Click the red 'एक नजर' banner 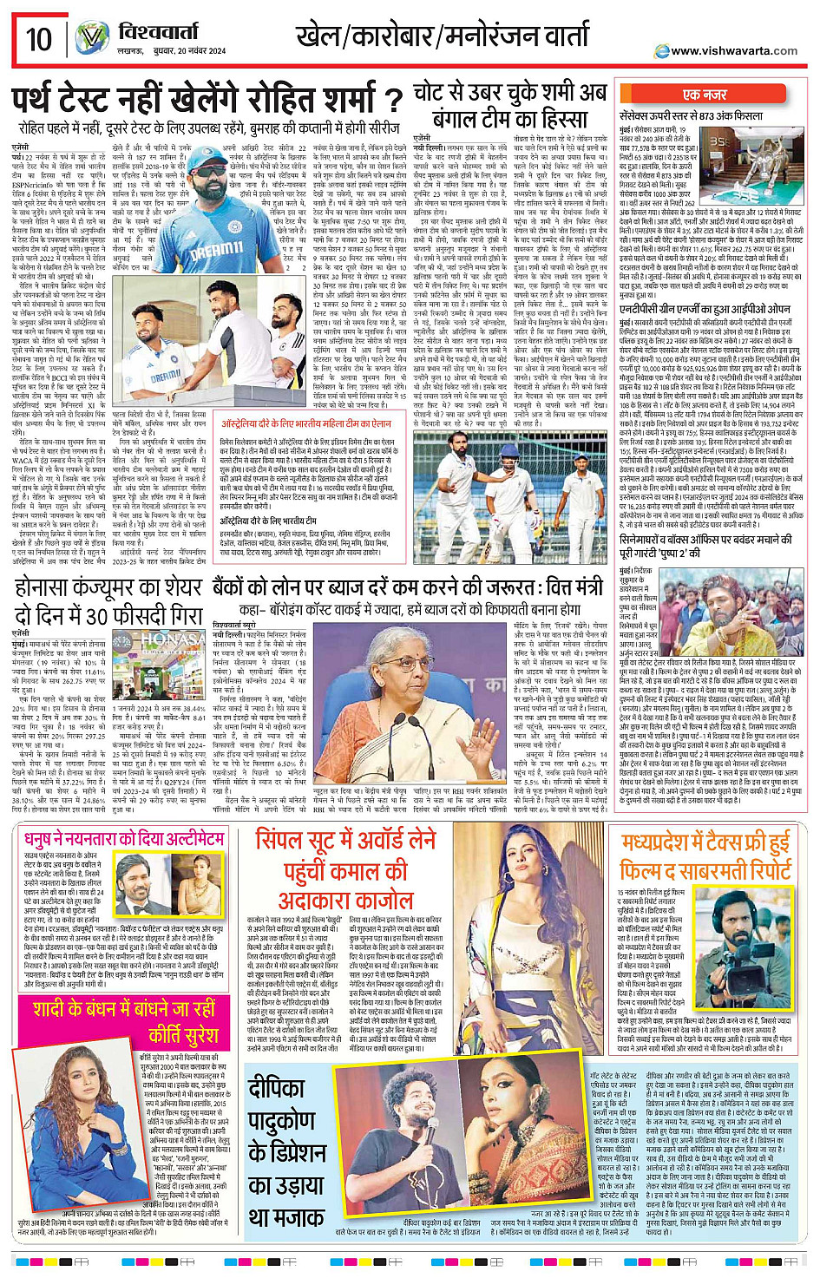tap(705, 95)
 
